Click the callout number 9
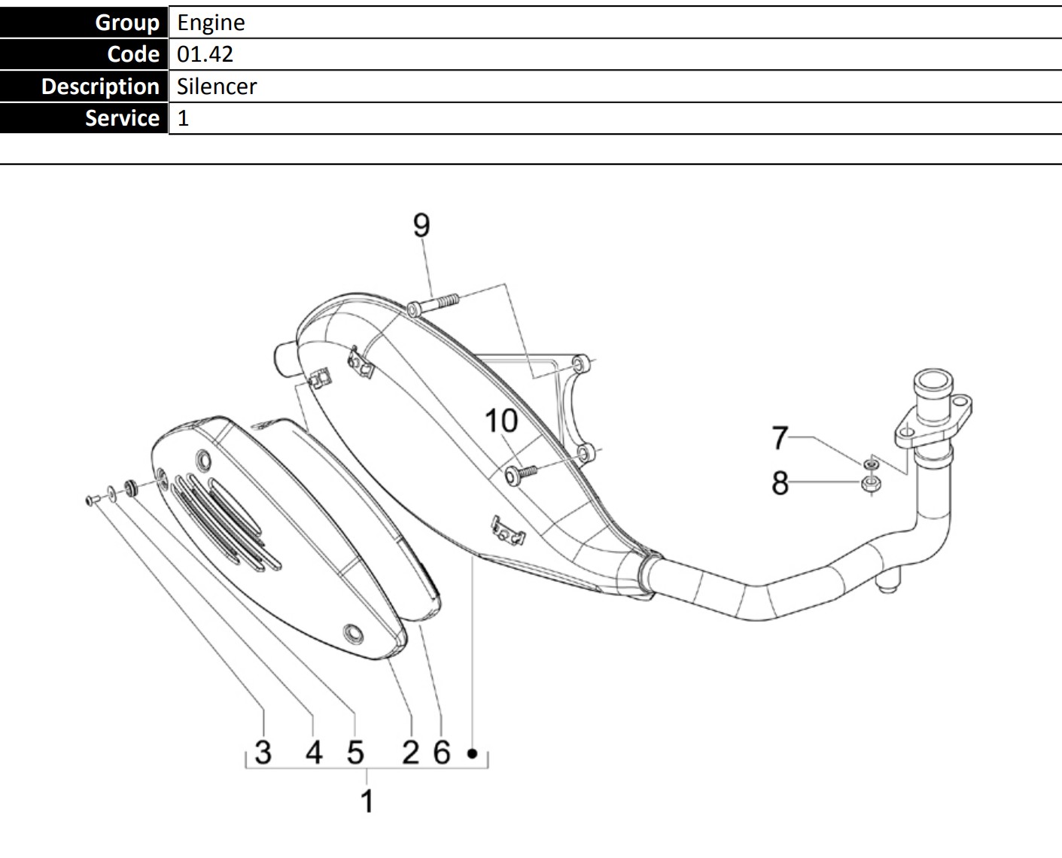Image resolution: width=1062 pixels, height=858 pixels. click(x=421, y=225)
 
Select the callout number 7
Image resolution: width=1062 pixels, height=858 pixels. click(x=780, y=437)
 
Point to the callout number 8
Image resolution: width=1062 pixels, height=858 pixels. click(x=781, y=482)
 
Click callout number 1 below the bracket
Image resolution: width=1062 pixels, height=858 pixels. click(x=367, y=801)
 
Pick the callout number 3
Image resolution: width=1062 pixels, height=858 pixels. click(x=263, y=752)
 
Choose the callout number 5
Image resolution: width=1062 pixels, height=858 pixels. click(x=355, y=752)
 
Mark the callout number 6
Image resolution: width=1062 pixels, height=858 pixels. click(x=443, y=752)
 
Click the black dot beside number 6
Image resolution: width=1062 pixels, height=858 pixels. click(x=472, y=754)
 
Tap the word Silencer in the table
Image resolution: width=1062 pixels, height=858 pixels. click(x=217, y=87)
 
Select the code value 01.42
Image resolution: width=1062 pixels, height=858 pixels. click(x=205, y=54)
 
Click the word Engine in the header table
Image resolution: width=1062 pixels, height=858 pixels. click(x=211, y=23)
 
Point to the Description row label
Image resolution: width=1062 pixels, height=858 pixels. click(x=100, y=87)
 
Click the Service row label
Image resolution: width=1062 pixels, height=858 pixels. click(x=122, y=118)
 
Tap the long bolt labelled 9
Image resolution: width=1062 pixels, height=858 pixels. click(x=433, y=304)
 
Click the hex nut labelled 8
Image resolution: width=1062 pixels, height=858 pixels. click(x=871, y=483)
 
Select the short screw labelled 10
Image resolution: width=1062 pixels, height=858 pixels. click(x=521, y=473)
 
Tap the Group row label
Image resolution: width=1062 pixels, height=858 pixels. click(x=127, y=23)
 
